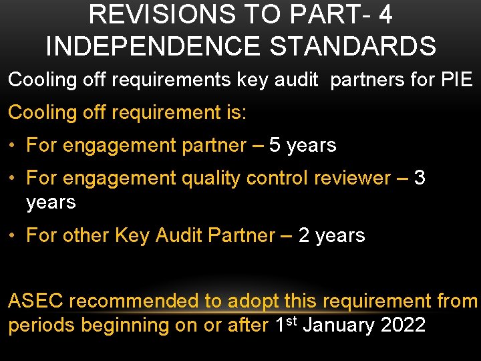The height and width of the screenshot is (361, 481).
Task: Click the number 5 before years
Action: click(275, 145)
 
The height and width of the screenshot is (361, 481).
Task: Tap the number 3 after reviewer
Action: click(420, 178)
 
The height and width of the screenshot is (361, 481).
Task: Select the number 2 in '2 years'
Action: click(304, 235)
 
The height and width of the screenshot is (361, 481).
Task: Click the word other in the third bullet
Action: click(86, 235)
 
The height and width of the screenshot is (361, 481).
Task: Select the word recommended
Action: click(137, 302)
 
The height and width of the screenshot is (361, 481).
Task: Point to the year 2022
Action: click(403, 326)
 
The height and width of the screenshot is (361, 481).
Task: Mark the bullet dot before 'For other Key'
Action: click(13, 236)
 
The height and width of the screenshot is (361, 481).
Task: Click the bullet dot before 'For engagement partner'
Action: click(13, 146)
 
